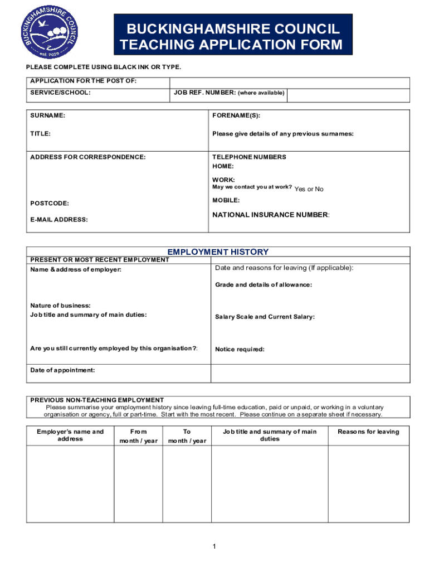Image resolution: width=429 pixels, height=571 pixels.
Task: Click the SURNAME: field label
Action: point(47,116)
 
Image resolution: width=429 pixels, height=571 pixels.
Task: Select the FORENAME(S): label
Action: point(236,116)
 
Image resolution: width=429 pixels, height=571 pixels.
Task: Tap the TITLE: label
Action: point(41,134)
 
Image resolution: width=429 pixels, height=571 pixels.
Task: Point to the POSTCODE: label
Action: point(50,204)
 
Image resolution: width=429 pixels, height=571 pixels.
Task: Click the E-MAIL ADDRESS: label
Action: point(59,220)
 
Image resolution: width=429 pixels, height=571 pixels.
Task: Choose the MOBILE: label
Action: point(226,200)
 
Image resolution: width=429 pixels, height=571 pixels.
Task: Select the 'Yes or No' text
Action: point(309,189)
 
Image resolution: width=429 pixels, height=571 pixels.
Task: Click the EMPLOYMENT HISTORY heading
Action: point(218,252)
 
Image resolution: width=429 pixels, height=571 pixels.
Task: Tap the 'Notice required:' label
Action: point(240,350)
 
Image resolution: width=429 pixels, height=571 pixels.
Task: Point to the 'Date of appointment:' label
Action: point(62,370)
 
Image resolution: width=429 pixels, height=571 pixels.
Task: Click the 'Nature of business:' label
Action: point(60,306)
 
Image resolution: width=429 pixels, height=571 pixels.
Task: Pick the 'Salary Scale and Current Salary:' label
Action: point(265,317)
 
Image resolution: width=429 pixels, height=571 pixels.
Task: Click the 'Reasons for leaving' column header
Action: point(368,432)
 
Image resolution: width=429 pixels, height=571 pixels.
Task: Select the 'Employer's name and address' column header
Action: point(70,435)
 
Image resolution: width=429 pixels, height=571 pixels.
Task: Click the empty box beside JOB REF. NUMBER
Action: point(348,95)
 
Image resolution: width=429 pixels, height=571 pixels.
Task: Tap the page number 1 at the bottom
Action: point(214,546)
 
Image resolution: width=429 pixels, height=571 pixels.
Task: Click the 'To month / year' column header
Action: point(187,436)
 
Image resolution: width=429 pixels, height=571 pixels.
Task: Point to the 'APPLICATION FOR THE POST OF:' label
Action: point(83,81)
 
